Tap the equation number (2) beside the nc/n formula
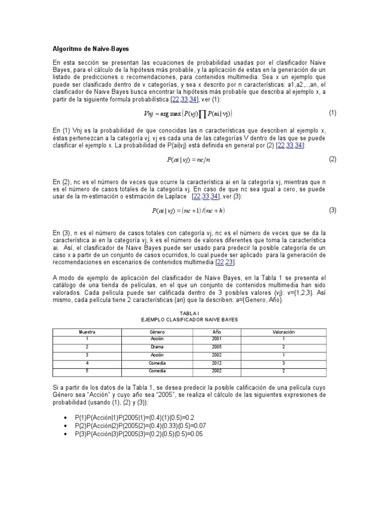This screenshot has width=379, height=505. point(333,159)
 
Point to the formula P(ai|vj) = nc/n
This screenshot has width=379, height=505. point(190,160)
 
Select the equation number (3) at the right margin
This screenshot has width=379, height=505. point(333,210)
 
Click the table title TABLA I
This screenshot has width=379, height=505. point(189,313)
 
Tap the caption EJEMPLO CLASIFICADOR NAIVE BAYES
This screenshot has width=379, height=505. point(189,320)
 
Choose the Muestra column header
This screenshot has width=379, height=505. point(87,332)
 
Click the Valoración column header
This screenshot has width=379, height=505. point(283,332)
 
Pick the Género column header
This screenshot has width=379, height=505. point(157,332)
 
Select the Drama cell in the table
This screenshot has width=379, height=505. point(157,347)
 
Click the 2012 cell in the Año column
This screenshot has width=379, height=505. point(217,363)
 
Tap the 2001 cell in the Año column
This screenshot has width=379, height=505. point(217,339)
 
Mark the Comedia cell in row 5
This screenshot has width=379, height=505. point(157,370)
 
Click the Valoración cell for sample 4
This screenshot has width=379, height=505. point(283,363)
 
